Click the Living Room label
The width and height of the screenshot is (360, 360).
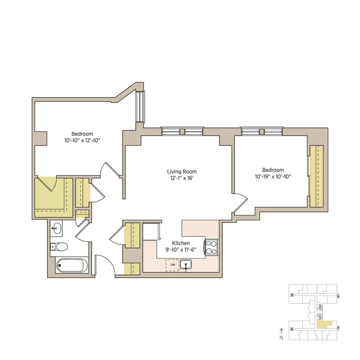[x=180, y=171]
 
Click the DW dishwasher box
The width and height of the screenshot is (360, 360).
[x=173, y=265]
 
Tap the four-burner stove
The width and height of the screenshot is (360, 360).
[x=212, y=247]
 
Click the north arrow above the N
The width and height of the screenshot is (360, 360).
[x=281, y=330]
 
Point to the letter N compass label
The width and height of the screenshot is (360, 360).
[x=281, y=337]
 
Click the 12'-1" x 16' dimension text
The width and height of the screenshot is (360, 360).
[x=180, y=178]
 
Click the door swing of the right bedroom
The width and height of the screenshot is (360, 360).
[x=240, y=204]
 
